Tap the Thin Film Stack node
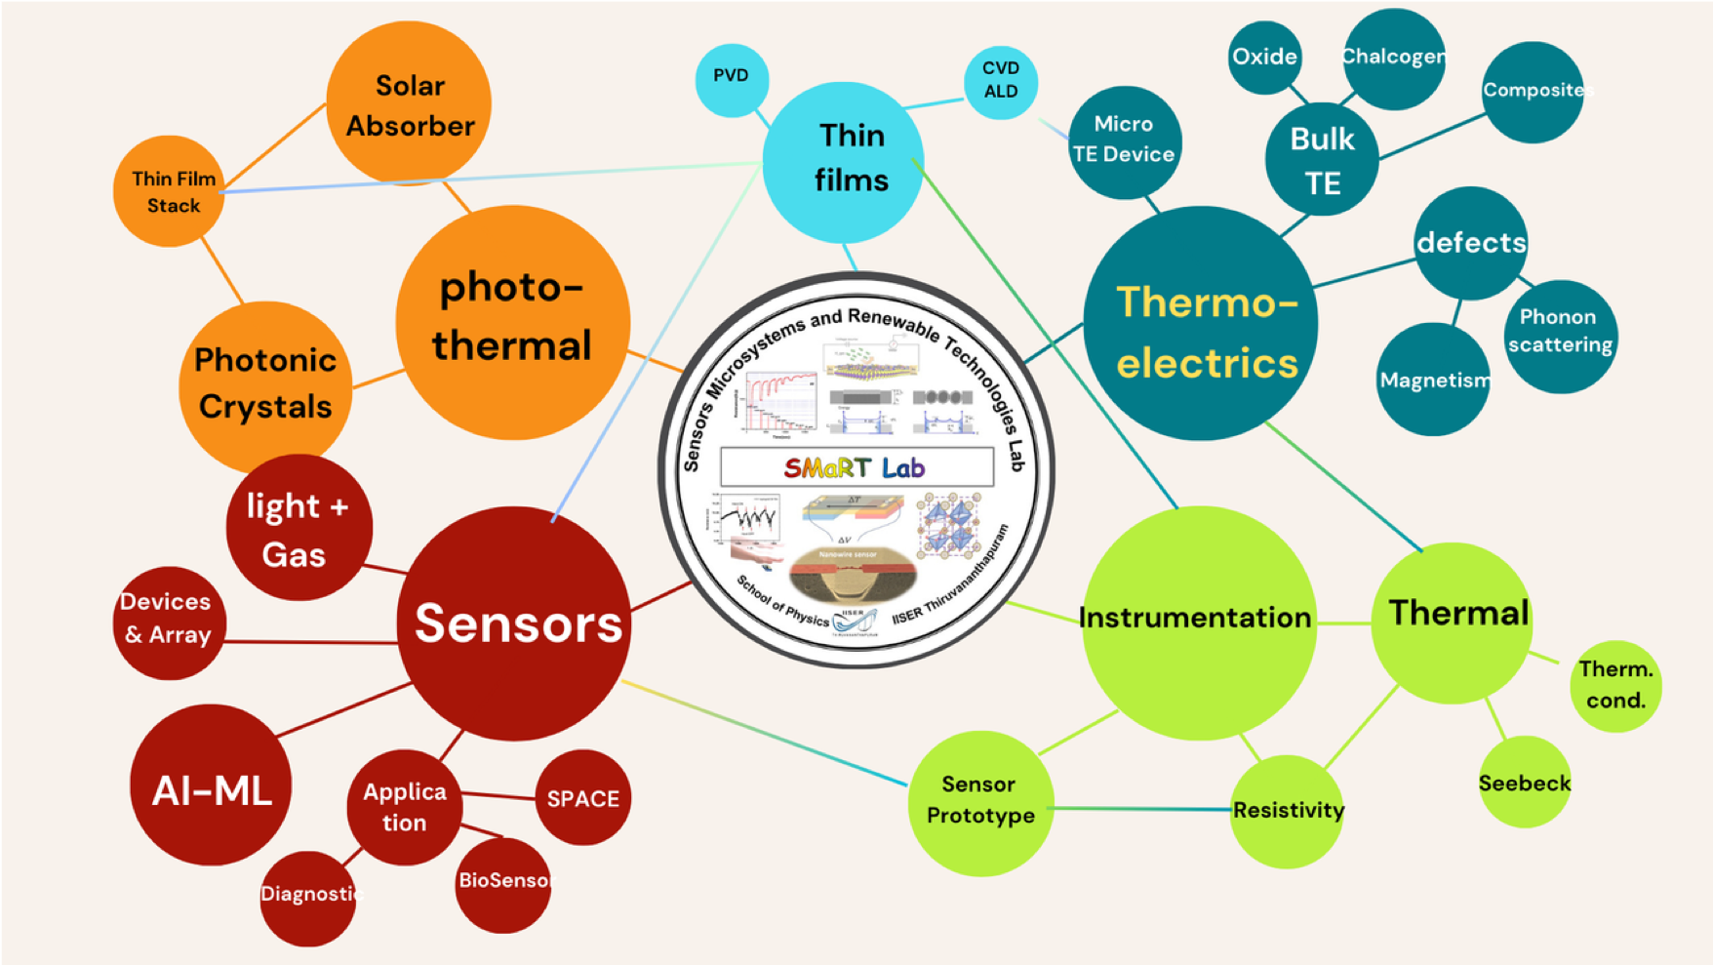click(x=171, y=191)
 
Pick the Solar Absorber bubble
click(x=409, y=103)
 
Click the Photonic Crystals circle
click(x=264, y=384)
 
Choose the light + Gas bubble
click(x=299, y=528)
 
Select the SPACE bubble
click(x=583, y=798)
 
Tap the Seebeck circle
click(x=1525, y=783)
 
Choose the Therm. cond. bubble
click(x=1615, y=685)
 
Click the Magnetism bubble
click(x=1433, y=381)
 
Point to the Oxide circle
click(x=1264, y=58)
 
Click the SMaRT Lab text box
click(x=856, y=467)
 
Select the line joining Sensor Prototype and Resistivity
click(x=1141, y=809)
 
